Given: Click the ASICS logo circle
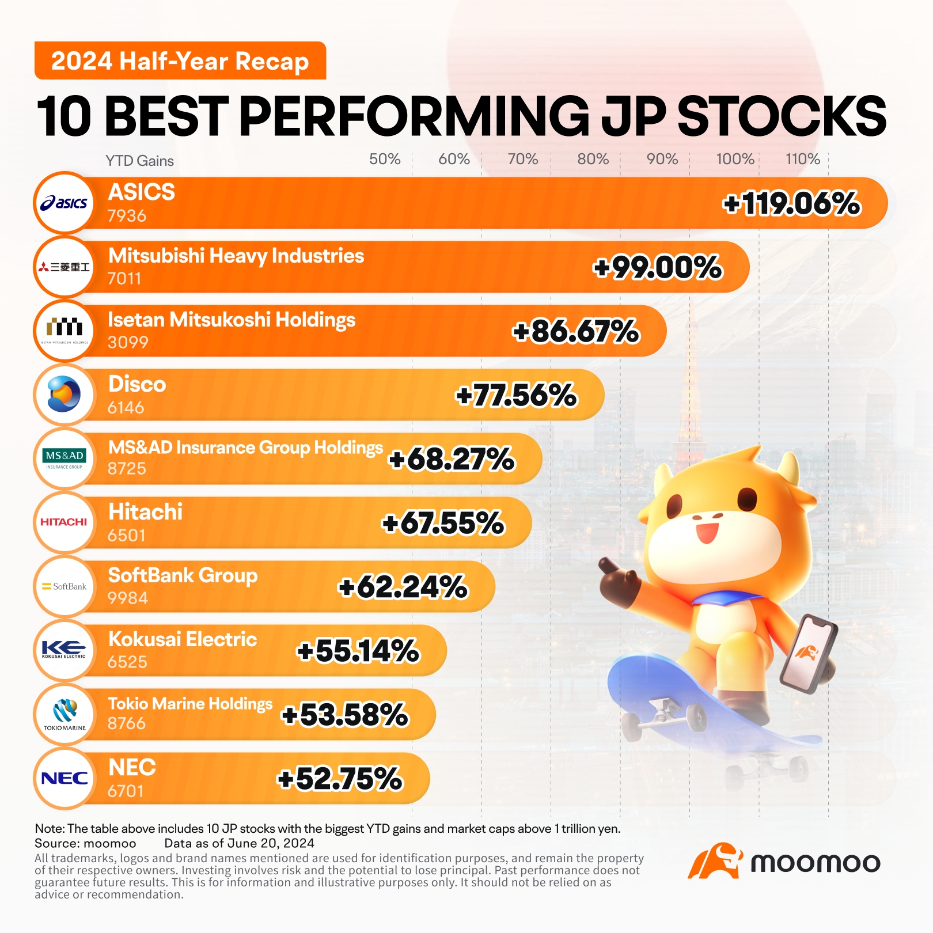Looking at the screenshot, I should click(64, 203).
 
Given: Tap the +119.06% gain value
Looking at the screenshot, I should click(791, 204).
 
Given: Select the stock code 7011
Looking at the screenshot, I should click(124, 279).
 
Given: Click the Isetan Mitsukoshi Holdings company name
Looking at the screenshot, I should click(232, 320).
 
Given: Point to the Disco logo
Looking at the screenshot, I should click(64, 395).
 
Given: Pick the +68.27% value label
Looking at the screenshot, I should click(452, 460).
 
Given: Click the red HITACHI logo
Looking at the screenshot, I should click(64, 522).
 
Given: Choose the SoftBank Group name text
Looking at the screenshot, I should click(183, 575).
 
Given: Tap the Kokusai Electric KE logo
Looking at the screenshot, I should click(64, 650).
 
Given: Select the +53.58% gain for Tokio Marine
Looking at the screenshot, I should click(344, 715).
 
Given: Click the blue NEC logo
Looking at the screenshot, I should click(64, 779).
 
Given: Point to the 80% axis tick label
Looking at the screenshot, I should click(593, 159).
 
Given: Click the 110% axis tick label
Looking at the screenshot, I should click(802, 159).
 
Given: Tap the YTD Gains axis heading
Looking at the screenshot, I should click(139, 161).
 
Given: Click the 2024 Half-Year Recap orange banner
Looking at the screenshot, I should click(180, 61).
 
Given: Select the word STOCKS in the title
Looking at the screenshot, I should click(782, 116).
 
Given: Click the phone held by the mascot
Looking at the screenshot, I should click(808, 653).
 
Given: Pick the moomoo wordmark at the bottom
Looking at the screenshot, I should click(815, 863).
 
